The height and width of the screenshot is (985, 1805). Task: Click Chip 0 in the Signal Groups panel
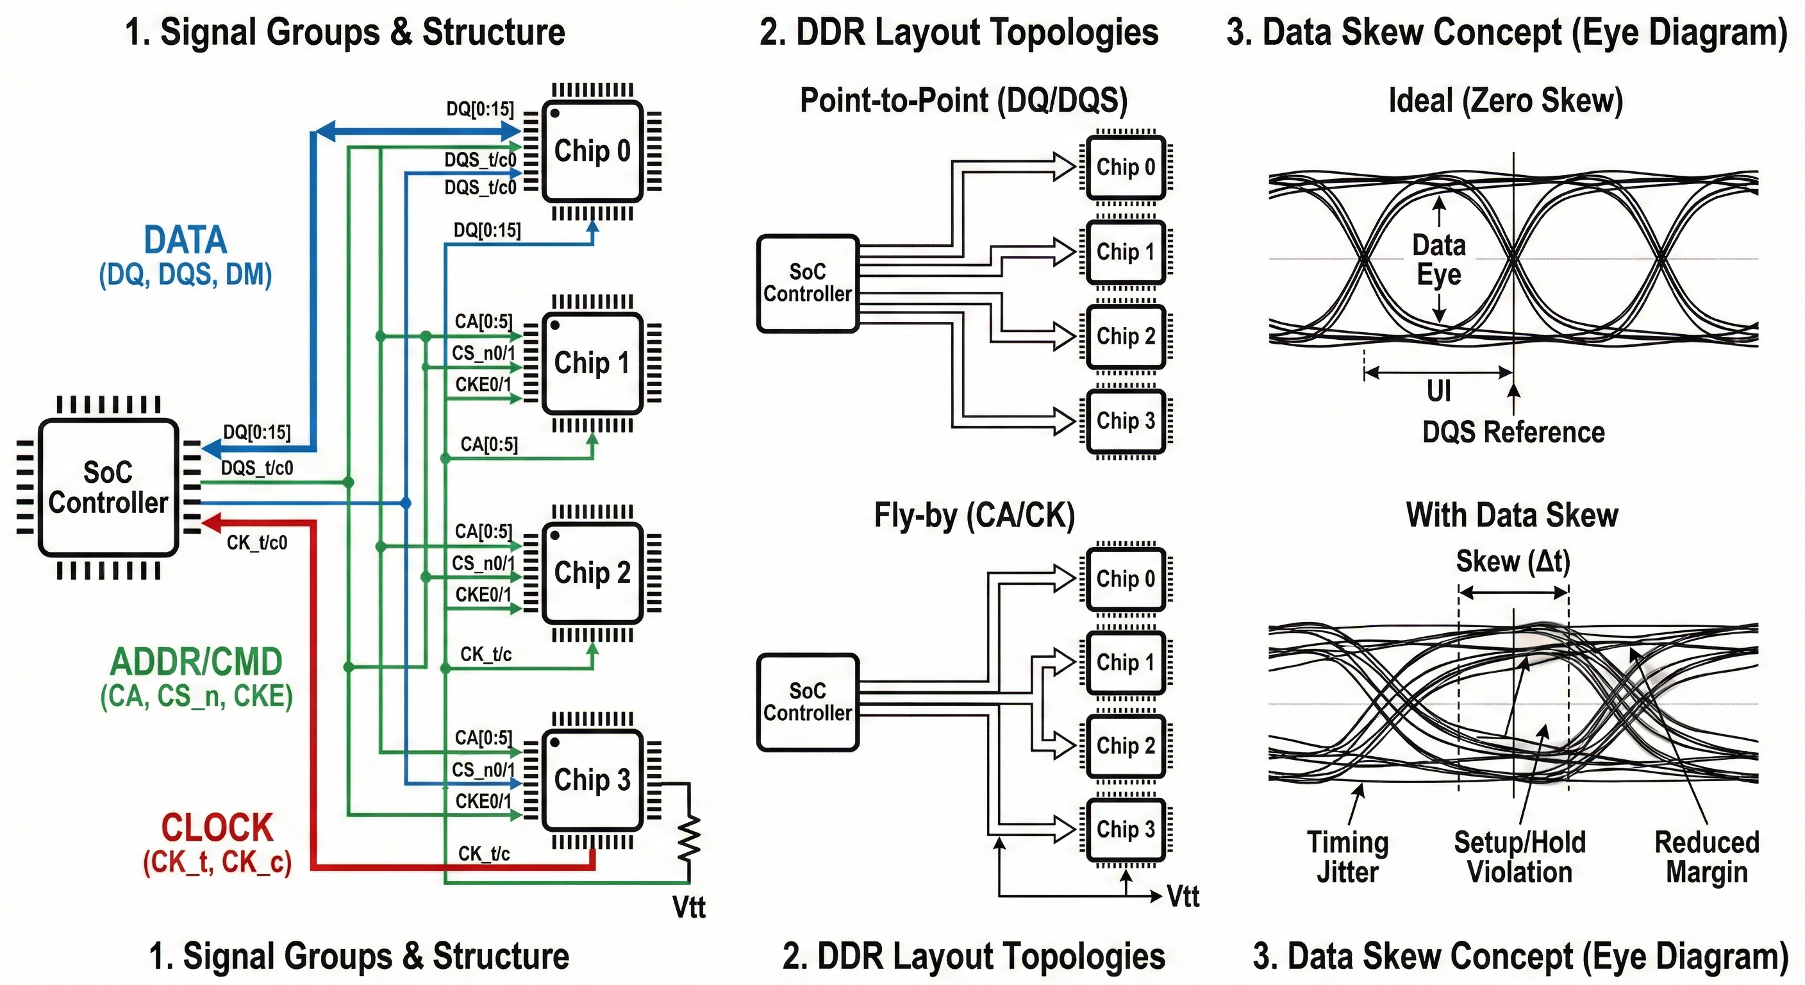592,151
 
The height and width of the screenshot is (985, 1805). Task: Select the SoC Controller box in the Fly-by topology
807,702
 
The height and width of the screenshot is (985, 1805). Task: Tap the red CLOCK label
217,828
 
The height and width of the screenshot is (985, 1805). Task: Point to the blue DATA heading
186,240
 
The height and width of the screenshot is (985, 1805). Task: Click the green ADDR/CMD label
196,662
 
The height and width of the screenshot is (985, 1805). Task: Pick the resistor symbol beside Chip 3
690,838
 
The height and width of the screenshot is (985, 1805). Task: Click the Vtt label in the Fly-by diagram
1183,897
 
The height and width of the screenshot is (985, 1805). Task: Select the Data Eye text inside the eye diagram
1438,259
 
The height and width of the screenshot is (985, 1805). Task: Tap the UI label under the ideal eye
1438,391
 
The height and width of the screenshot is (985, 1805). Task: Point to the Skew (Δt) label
1513,562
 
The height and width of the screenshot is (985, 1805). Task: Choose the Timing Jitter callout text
1347,857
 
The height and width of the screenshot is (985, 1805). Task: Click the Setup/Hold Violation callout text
1519,857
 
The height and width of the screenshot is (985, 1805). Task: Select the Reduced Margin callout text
1706,857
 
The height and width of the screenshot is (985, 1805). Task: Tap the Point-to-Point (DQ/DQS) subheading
963,100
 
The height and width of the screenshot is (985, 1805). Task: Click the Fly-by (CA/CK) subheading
974,516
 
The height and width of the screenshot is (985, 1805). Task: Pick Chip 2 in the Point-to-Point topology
1126,337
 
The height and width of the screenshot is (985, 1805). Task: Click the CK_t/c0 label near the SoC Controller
256,543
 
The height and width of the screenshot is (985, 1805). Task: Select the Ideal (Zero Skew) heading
1506,100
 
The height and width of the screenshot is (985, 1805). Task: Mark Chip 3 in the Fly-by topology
1126,829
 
